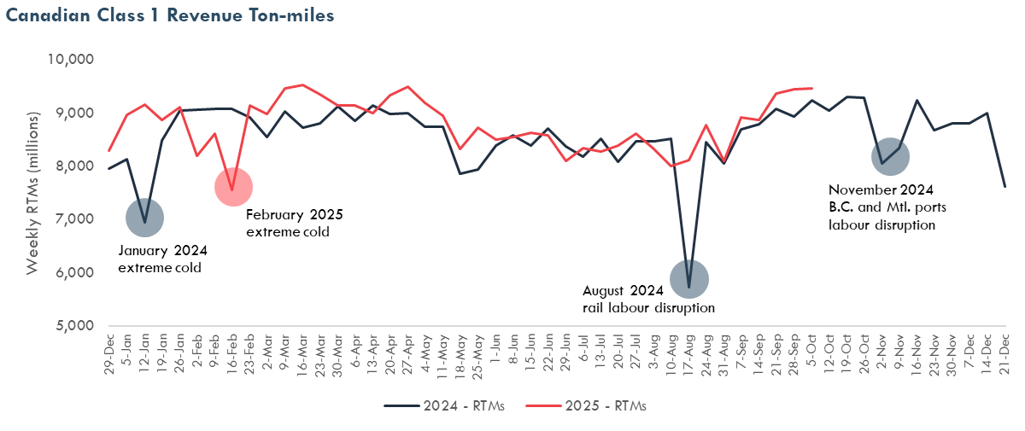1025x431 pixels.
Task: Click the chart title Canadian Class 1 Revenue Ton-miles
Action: tap(170, 16)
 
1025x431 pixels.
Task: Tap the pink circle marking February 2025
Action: tap(233, 187)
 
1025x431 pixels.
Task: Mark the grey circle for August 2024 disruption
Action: tap(688, 279)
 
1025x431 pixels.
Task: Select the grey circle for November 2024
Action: tap(889, 157)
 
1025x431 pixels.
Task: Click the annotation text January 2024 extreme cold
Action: tap(162, 259)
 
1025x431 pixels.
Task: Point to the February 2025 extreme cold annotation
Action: tap(294, 224)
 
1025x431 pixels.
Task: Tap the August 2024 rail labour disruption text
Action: tap(648, 299)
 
